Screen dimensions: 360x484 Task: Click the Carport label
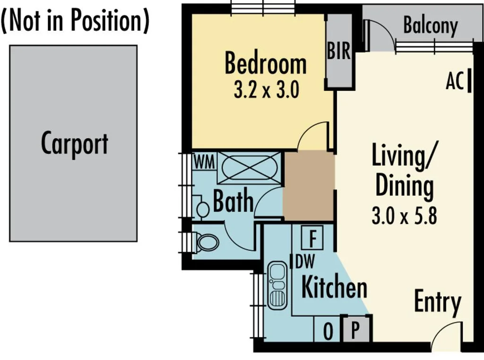click(x=74, y=143)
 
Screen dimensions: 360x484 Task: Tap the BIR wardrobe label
click(x=339, y=51)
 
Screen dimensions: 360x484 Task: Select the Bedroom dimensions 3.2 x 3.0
click(x=266, y=90)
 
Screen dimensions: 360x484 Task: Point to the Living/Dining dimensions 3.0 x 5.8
click(x=404, y=216)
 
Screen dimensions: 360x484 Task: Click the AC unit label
click(x=455, y=82)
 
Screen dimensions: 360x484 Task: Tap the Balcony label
click(x=430, y=26)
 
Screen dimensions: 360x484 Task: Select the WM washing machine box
click(x=204, y=162)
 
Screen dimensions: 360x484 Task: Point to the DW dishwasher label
click(x=305, y=261)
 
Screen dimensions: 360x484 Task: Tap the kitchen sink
click(x=277, y=285)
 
